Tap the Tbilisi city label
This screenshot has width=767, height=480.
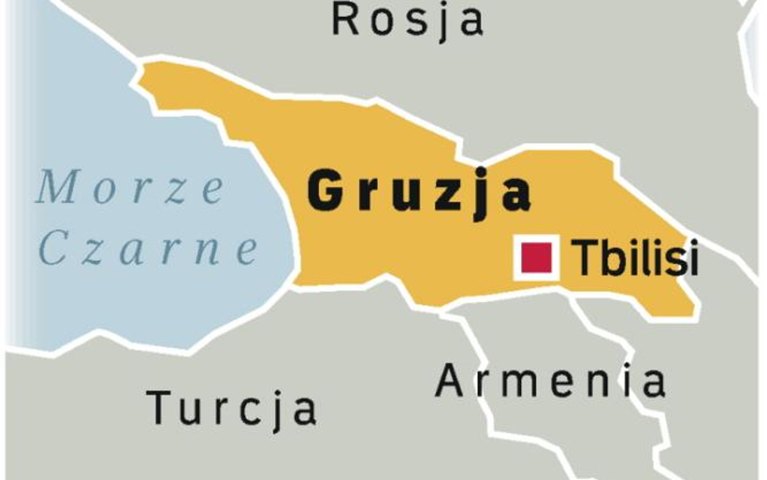[x=634, y=259]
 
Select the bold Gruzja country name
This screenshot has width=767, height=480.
[x=419, y=193]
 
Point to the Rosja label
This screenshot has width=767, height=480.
[x=408, y=20]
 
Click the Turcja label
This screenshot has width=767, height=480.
[x=231, y=406]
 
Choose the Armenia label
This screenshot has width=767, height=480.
[x=551, y=380]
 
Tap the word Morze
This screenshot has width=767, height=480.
[x=129, y=189]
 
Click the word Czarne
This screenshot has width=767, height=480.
[x=147, y=250]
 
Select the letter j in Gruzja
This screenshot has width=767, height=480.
[x=483, y=194]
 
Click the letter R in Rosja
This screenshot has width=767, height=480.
[x=347, y=19]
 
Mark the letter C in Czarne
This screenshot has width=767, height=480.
[x=53, y=251]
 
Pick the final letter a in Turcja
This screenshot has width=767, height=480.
[x=303, y=409]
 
